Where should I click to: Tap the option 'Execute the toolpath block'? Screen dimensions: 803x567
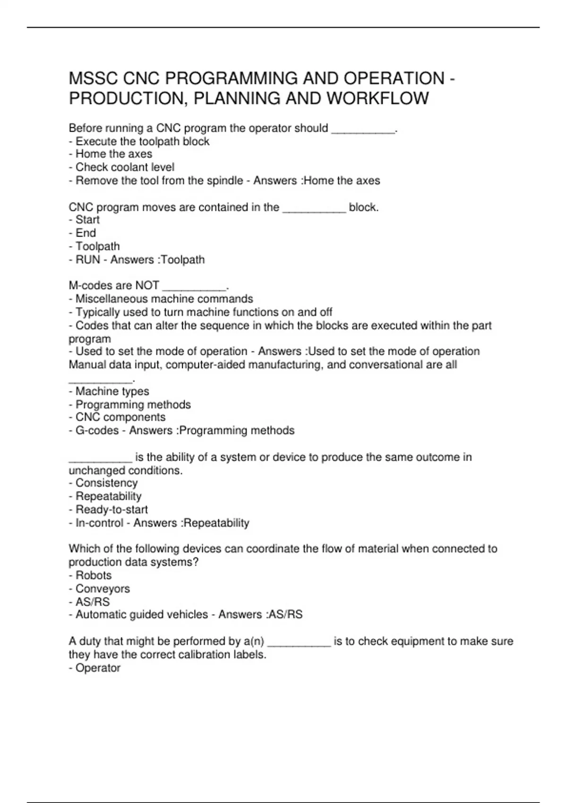tap(142, 141)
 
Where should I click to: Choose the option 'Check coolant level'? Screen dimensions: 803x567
tap(125, 167)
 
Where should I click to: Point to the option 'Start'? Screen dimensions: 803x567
tap(87, 220)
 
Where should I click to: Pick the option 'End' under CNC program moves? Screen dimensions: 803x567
tap(86, 233)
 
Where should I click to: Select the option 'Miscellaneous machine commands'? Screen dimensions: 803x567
tap(164, 299)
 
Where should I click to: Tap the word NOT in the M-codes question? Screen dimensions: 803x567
tap(147, 286)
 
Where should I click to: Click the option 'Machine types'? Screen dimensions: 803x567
tap(112, 391)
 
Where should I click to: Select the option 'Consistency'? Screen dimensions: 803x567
tap(106, 483)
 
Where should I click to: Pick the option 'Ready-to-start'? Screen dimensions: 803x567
tap(112, 510)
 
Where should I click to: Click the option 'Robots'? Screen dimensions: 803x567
tap(94, 575)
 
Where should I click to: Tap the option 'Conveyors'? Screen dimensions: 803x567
tap(103, 589)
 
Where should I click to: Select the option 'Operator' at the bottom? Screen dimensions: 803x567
tap(98, 668)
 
